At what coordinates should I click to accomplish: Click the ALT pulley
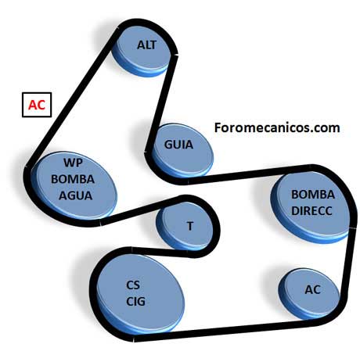(142, 50)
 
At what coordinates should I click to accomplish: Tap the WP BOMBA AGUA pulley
(74, 186)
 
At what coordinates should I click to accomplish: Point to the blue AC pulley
(309, 294)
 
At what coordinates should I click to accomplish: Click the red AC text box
(37, 105)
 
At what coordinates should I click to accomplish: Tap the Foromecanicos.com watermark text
(277, 127)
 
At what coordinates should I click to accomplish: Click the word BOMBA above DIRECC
(313, 195)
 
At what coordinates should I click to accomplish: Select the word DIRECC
(311, 210)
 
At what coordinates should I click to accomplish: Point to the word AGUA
(75, 195)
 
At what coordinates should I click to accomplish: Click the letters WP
(73, 163)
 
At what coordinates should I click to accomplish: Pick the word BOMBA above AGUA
(73, 179)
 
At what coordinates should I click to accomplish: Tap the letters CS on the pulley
(133, 285)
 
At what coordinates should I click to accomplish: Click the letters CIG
(135, 301)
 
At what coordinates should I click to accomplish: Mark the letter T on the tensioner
(190, 226)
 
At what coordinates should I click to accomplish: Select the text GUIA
(178, 145)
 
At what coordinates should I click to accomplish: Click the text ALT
(146, 45)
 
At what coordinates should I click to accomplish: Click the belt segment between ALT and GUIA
(162, 103)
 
